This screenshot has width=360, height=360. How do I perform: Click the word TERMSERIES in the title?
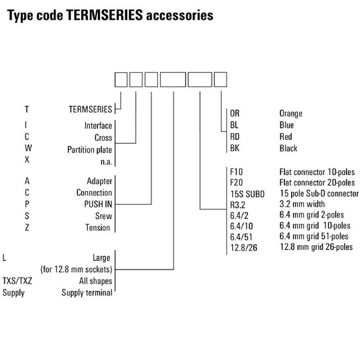coord(105,15)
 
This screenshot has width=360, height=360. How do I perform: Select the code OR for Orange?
coord(234,113)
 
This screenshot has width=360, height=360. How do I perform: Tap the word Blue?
coord(286,125)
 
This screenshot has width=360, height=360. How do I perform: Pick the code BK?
coord(234,148)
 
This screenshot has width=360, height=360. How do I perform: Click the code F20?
coord(236,182)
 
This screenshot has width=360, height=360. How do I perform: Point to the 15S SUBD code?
coord(247,194)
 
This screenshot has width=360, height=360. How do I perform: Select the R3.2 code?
coord(238,205)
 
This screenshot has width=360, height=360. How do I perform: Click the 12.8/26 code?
coord(244,247)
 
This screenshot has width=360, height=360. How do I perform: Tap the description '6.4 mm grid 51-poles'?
coord(314,236)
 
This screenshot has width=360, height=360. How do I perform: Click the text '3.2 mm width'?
coord(302,204)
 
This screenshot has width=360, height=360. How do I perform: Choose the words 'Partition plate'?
coord(90,150)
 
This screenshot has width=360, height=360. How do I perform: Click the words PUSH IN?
coord(98,204)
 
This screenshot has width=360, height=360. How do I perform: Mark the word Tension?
coord(97,228)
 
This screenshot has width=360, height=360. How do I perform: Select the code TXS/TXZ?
coord(17,280)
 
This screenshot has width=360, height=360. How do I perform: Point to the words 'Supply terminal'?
coord(86,292)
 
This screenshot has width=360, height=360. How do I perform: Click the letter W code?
coord(28,148)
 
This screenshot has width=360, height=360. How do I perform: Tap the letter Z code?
coord(27,228)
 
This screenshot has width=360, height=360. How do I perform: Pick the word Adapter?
coord(99,181)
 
